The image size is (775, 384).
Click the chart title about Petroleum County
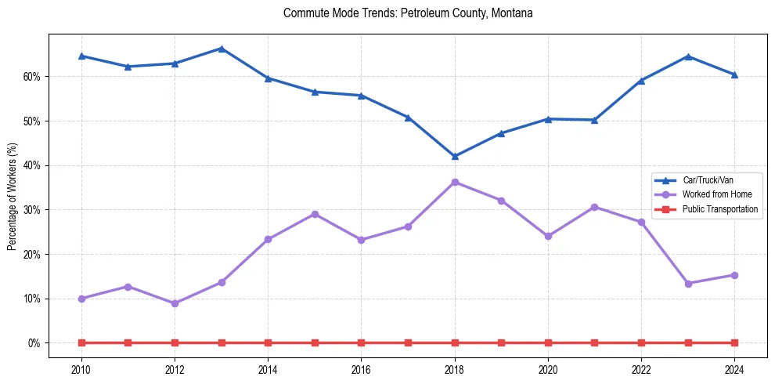408,13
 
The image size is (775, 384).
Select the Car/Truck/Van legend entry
707,179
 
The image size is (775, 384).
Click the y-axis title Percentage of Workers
12,196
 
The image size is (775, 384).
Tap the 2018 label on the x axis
455,370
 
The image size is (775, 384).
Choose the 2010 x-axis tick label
81,370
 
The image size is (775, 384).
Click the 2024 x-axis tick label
734,370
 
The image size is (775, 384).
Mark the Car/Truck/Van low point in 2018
455,156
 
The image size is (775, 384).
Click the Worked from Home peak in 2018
455,183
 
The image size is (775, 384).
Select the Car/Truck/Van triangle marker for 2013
222,49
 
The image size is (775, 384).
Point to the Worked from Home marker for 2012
175,303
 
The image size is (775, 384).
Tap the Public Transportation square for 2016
362,343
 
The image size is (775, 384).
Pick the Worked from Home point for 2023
688,284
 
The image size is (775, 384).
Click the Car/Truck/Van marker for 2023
688,56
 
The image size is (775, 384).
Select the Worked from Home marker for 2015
315,214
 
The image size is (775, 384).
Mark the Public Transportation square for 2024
734,343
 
